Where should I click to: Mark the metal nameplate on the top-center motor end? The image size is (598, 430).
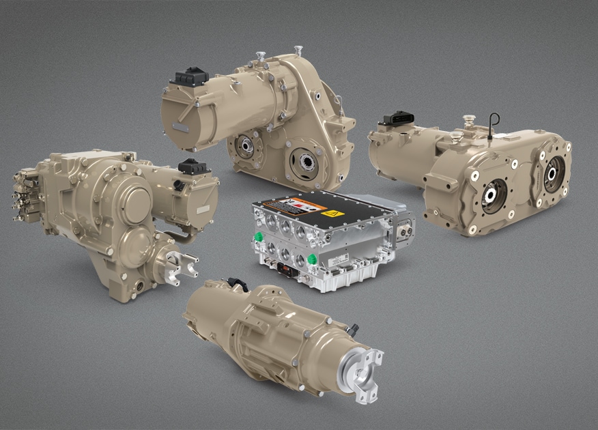[x=180, y=128]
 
